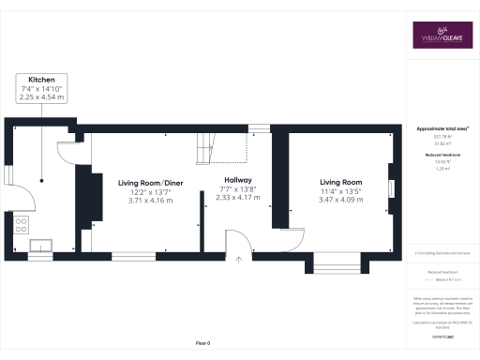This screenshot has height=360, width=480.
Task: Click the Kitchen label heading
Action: tap(40, 79)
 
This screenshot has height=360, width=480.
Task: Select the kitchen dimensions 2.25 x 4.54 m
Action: tap(40, 97)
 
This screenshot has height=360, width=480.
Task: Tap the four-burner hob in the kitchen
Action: tap(21, 224)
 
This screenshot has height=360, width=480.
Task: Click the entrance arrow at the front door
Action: tap(239, 261)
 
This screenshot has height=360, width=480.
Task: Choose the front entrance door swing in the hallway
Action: tap(238, 241)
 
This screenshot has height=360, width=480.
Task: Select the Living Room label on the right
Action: tap(341, 182)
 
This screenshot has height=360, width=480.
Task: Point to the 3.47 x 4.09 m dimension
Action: tap(341, 200)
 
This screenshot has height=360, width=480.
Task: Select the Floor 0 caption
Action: tap(202, 344)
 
